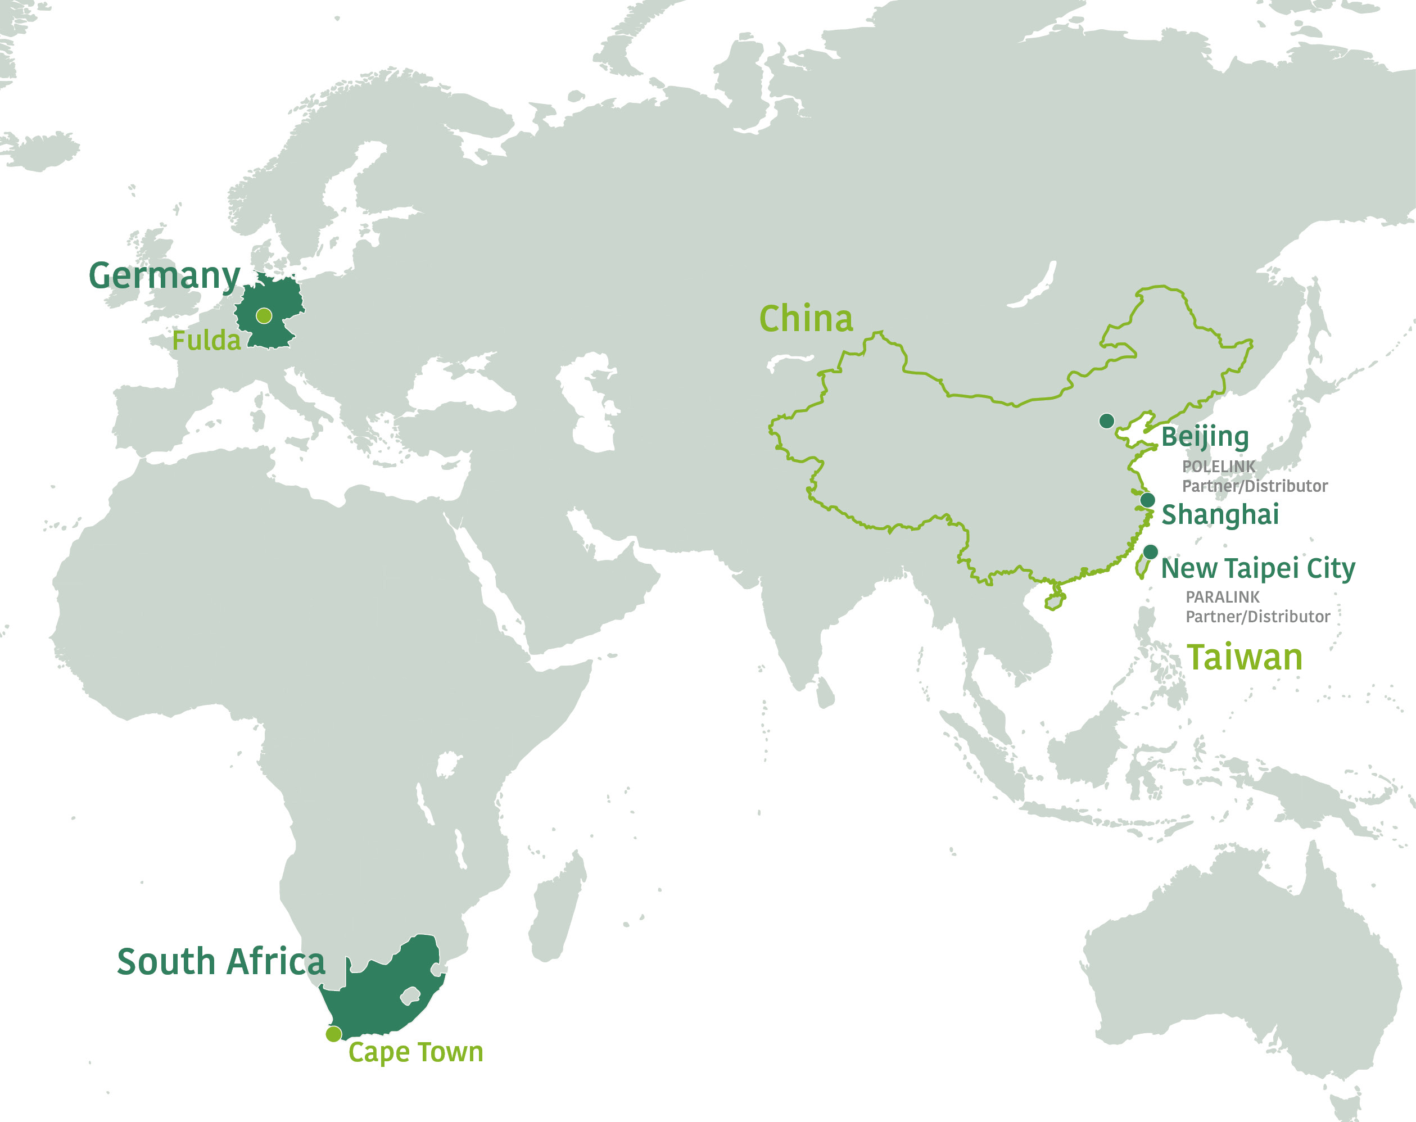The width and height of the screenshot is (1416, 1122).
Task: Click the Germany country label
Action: [164, 276]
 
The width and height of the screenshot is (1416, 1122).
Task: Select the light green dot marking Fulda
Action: [264, 316]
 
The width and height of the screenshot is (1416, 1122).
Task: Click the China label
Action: [806, 319]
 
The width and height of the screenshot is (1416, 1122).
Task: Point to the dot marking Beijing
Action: [1107, 420]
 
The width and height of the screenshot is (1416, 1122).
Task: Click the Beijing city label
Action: [1205, 437]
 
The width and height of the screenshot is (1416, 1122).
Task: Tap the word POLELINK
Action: [1218, 467]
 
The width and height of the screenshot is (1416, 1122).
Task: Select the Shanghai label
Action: [1220, 515]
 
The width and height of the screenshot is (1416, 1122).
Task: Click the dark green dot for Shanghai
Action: [1147, 500]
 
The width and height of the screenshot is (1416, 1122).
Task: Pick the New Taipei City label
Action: [1257, 569]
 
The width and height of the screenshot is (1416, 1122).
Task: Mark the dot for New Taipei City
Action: [1151, 552]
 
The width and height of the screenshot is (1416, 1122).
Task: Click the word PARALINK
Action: [1222, 597]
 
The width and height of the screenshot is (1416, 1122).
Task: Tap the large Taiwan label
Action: [1245, 658]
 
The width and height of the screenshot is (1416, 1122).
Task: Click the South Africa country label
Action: [221, 962]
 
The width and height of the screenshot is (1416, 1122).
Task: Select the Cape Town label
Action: [415, 1052]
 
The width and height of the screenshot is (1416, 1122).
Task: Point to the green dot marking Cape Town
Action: [334, 1034]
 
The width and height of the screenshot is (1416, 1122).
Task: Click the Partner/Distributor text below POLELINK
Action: [1255, 486]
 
